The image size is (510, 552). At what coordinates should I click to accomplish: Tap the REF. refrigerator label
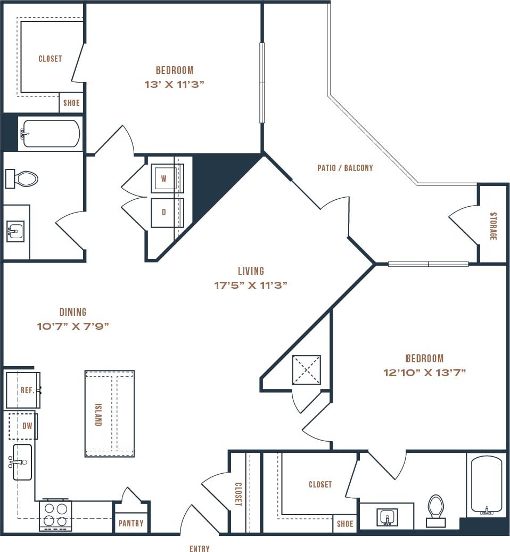point(27,390)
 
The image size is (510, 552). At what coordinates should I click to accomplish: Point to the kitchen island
point(109,413)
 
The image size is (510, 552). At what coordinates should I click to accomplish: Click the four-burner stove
point(55,515)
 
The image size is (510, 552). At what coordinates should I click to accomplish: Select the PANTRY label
point(131,523)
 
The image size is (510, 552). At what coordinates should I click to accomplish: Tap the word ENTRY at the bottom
point(200,548)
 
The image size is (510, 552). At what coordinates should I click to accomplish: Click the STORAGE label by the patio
point(492,226)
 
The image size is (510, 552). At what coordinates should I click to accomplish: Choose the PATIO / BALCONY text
point(345,168)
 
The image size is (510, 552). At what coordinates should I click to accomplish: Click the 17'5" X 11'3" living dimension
point(250,285)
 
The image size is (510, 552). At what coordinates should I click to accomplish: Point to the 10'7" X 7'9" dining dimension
point(73,327)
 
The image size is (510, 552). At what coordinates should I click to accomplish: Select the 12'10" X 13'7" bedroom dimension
point(424,372)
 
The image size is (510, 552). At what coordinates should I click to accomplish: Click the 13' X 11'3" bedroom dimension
point(175,84)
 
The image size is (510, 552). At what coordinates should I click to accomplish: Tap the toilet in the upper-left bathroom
point(22,178)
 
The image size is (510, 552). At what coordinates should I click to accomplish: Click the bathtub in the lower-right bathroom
point(486,485)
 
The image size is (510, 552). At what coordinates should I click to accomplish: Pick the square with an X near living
point(306,369)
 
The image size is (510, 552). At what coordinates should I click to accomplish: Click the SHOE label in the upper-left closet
point(71,103)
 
